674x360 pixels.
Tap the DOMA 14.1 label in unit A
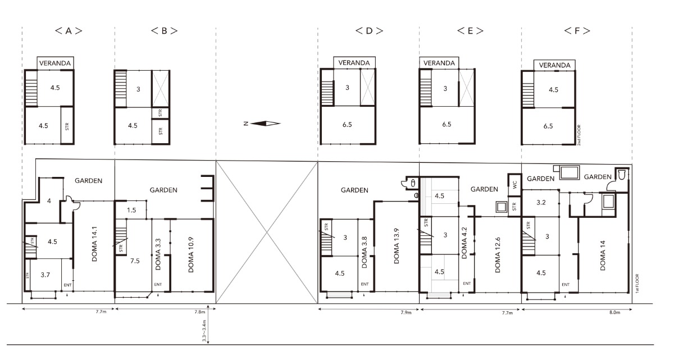(94, 244)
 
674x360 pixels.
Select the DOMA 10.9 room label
(191, 255)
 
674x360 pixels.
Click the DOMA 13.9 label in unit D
(397, 246)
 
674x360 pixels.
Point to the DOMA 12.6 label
(498, 255)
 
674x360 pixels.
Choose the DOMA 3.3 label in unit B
(158, 254)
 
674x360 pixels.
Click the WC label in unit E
(515, 184)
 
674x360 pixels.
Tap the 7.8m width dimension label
(200, 312)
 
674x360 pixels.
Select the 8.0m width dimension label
(614, 312)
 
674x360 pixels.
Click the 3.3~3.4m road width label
(204, 331)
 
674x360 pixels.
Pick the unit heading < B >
(164, 31)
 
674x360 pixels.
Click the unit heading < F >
(577, 31)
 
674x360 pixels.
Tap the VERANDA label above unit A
(55, 63)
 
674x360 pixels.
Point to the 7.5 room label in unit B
(135, 261)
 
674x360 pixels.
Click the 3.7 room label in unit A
(45, 275)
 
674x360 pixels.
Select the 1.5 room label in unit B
(131, 210)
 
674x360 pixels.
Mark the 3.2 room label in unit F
(541, 202)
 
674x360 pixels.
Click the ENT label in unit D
(365, 284)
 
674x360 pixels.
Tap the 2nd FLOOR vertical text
(579, 135)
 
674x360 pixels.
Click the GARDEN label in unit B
(163, 190)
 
